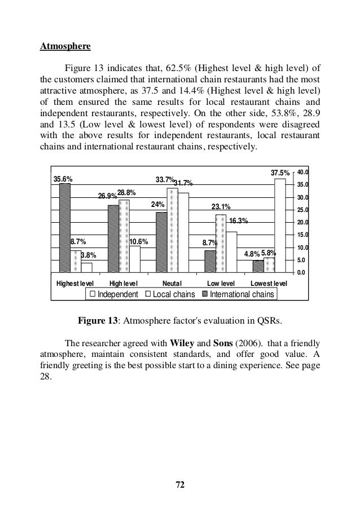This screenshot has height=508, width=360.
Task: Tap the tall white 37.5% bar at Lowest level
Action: [x=280, y=225]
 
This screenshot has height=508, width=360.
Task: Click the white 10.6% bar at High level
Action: [x=135, y=259]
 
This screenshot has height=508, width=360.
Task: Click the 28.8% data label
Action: [x=126, y=193]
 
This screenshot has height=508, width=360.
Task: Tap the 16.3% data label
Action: [x=239, y=220]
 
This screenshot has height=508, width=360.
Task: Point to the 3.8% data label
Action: [x=87, y=255]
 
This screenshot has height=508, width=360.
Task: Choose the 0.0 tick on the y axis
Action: [x=302, y=273]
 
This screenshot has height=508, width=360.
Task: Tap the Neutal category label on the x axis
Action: [x=172, y=282]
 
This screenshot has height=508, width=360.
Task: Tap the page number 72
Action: [x=180, y=484]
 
